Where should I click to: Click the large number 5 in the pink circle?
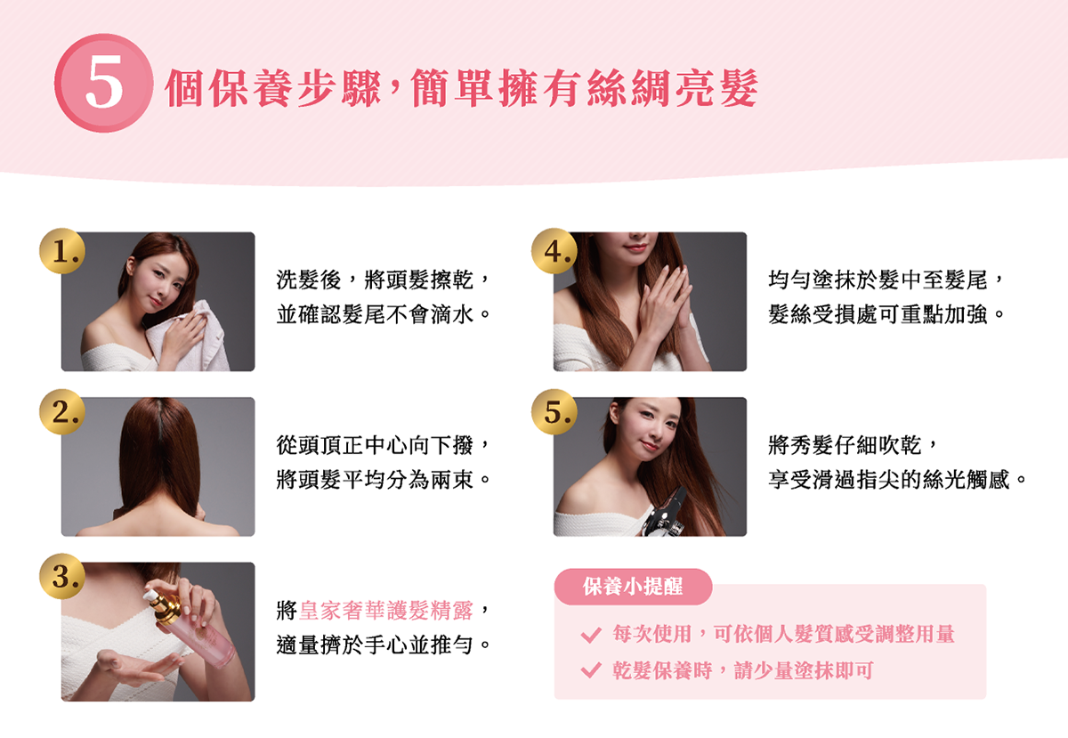tap(104, 81)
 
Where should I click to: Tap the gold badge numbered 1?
tap(62, 251)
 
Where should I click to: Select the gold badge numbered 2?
tap(62, 411)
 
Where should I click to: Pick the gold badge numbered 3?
tap(62, 576)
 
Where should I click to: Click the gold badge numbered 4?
tap(554, 251)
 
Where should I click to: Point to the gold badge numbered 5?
tap(554, 411)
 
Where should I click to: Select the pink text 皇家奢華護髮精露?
tap(385, 611)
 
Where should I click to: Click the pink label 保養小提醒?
tap(633, 587)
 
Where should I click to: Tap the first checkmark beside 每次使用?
tap(591, 635)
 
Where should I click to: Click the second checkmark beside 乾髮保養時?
tap(591, 669)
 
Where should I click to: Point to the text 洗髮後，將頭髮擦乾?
tap(375, 280)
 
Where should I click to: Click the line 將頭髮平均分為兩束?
tap(375, 480)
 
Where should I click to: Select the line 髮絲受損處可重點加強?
tap(878, 314)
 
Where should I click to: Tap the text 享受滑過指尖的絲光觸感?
tap(889, 480)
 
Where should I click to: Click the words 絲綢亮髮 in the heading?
tap(672, 88)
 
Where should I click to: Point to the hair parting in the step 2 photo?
tap(159, 420)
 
